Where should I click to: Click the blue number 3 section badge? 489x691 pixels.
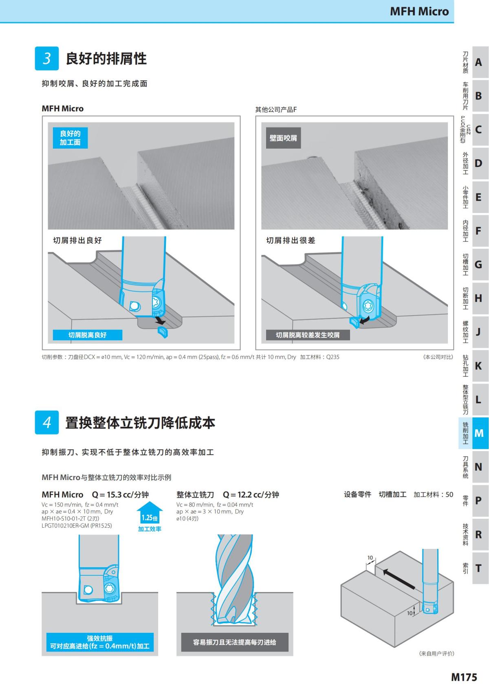47,58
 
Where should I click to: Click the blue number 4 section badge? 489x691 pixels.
47,422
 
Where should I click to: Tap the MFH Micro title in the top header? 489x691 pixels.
419,11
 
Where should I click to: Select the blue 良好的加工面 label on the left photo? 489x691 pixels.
70,138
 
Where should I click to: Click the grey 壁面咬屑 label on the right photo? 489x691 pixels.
283,138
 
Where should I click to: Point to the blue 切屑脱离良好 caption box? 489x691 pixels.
88,335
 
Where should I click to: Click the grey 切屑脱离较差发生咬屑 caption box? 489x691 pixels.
308,335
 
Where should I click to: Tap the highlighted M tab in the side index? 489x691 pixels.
479,433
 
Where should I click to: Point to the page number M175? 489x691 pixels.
464,677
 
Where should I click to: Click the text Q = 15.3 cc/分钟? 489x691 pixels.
120,494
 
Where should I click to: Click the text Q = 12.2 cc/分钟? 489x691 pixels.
251,494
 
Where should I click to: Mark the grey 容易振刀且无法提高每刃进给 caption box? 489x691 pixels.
234,642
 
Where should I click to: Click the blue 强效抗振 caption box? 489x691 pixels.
100,642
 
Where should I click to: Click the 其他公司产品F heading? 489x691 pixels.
276,110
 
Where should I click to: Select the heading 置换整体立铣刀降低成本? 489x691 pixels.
140,423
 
